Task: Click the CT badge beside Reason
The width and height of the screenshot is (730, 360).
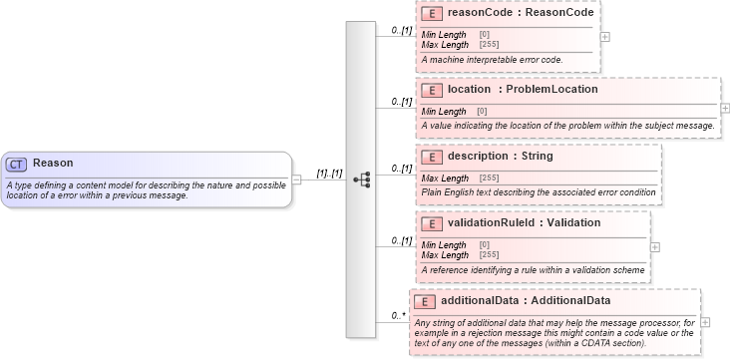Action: tap(17, 164)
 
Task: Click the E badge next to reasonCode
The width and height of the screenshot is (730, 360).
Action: tap(432, 14)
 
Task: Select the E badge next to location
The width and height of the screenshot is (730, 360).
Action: tap(432, 90)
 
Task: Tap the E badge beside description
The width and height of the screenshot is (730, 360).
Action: tap(432, 157)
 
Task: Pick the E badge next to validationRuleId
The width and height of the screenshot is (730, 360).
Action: tap(432, 223)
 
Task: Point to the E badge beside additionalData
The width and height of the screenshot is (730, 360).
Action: tap(424, 301)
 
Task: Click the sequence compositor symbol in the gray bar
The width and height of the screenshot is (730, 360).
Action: tap(361, 180)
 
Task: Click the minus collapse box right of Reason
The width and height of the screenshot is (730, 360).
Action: tap(296, 180)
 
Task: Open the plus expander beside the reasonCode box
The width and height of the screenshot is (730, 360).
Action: tap(605, 37)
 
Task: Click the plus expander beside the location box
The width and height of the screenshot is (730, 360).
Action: tap(725, 108)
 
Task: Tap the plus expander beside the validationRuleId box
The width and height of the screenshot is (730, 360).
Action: tap(655, 246)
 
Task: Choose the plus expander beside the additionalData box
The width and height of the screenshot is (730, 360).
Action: tap(706, 322)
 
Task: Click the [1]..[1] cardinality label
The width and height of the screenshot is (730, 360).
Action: tap(329, 174)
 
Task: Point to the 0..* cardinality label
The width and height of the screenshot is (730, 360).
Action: tap(399, 316)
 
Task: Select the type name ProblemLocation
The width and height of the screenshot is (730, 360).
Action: tap(551, 89)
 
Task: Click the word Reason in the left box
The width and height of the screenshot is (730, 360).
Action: tap(53, 163)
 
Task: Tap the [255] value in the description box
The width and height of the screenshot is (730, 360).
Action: tap(489, 179)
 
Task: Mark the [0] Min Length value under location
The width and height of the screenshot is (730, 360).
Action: tap(482, 112)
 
